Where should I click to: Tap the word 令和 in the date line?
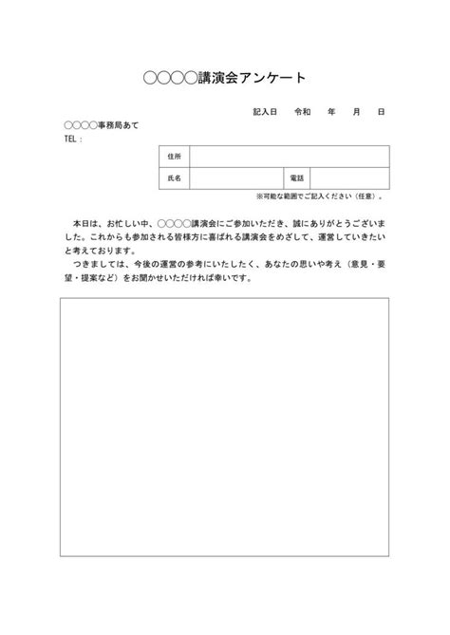coord(303,112)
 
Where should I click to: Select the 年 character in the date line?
coord(331,112)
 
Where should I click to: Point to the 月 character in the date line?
coord(356,112)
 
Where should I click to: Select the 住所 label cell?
coord(173,157)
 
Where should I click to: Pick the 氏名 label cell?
coord(173,177)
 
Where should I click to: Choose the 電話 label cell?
coord(296,177)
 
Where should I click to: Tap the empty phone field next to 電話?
coord(348,177)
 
